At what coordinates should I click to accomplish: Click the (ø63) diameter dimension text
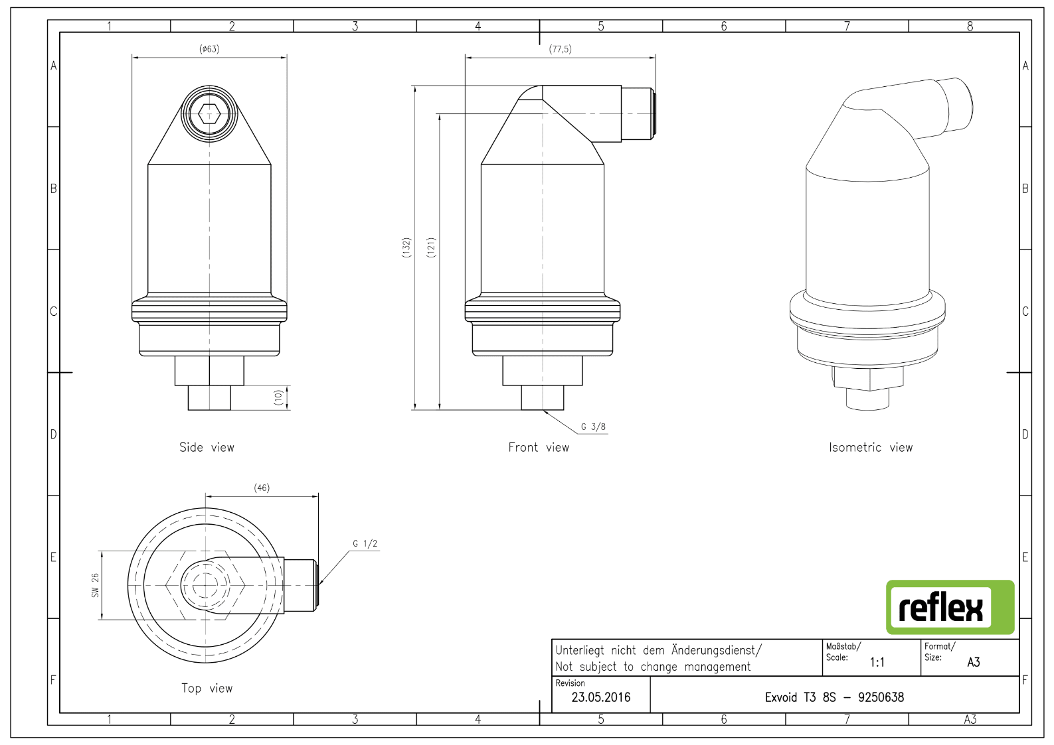point(209,49)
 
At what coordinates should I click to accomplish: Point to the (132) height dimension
point(406,247)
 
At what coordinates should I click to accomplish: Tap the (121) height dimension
point(431,247)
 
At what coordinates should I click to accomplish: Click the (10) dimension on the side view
point(278,397)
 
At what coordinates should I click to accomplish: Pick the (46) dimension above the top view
point(262,488)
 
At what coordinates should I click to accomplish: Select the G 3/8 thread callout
point(593,427)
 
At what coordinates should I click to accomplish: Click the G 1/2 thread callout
point(365,544)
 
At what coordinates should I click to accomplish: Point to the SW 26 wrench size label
point(96,585)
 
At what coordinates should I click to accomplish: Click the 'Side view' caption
point(207,447)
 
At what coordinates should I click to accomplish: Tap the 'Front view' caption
point(539,447)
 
